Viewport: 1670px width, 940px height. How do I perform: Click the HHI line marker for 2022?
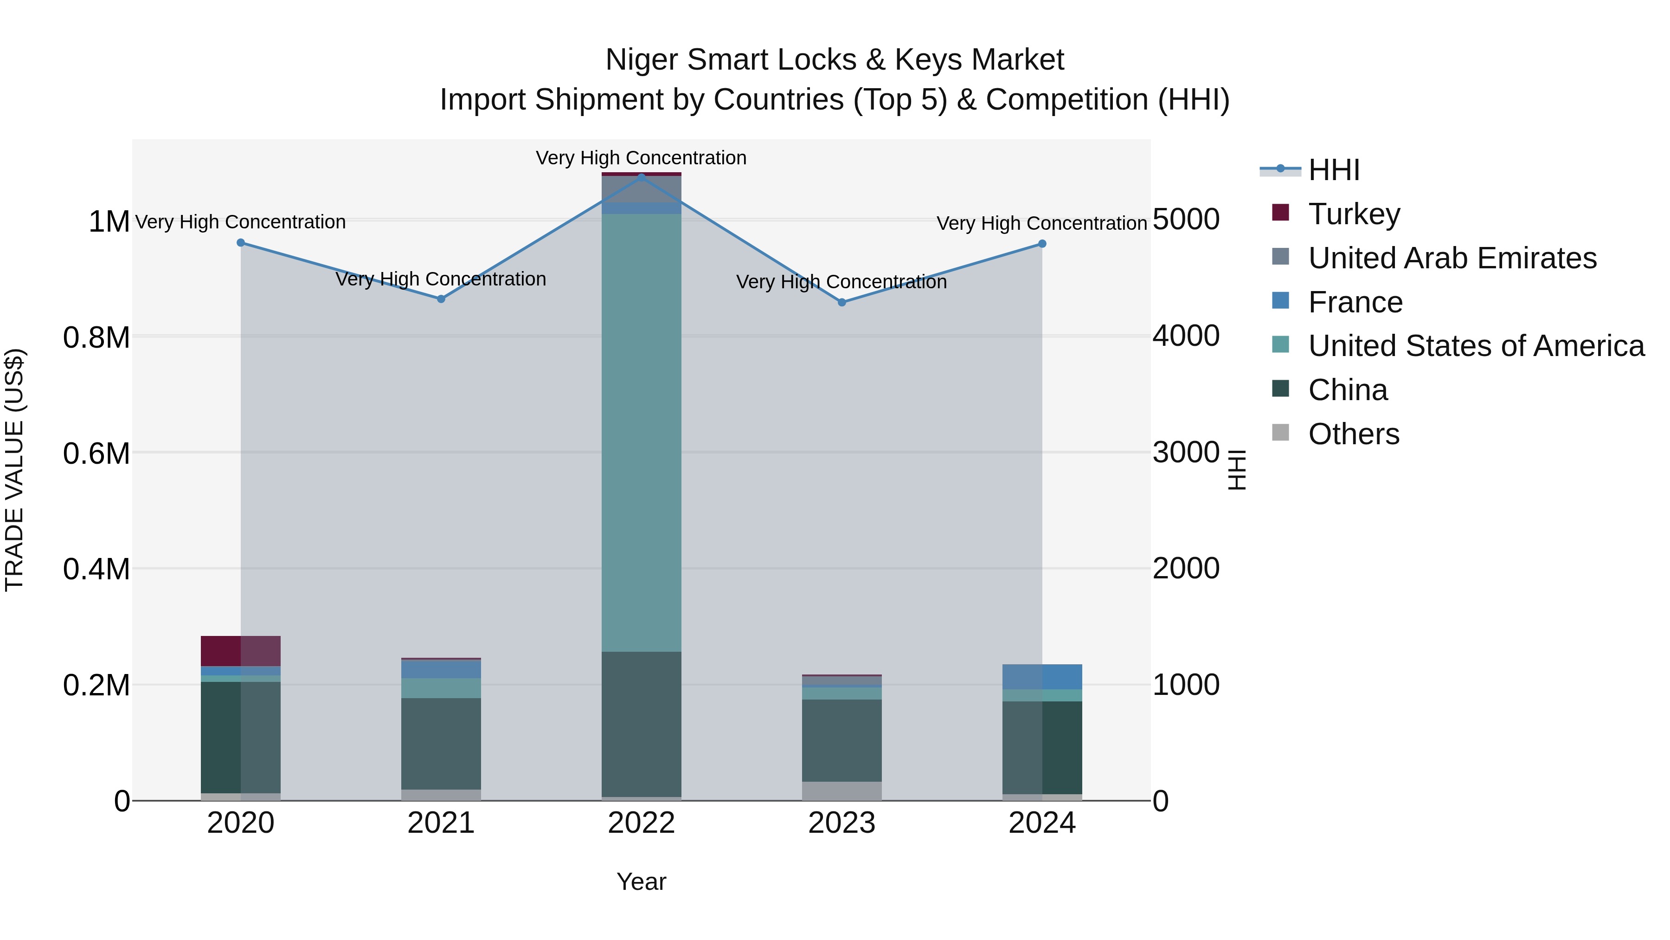pyautogui.click(x=641, y=177)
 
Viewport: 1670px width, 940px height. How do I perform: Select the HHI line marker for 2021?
pyautogui.click(x=441, y=299)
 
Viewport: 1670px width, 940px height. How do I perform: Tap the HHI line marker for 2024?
pyautogui.click(x=1042, y=244)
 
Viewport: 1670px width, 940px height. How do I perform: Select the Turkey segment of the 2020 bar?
pyautogui.click(x=240, y=651)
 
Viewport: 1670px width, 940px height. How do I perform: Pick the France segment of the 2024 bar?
pyautogui.click(x=1042, y=677)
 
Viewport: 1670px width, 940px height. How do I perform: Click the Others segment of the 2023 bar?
pyautogui.click(x=841, y=791)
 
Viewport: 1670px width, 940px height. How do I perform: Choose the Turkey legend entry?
pyautogui.click(x=1354, y=214)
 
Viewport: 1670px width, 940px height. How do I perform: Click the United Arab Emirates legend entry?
pyautogui.click(x=1452, y=258)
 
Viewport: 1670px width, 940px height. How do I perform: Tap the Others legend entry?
pyautogui.click(x=1353, y=434)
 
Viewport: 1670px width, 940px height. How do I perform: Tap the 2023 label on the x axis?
pyautogui.click(x=841, y=823)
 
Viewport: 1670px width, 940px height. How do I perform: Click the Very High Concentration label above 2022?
pyautogui.click(x=641, y=158)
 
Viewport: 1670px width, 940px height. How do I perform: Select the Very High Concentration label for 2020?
pyautogui.click(x=240, y=222)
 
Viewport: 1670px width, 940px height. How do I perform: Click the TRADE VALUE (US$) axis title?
pyautogui.click(x=14, y=470)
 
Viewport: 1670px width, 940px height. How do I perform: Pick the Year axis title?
pyautogui.click(x=641, y=882)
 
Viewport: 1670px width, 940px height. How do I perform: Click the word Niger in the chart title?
pyautogui.click(x=642, y=60)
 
